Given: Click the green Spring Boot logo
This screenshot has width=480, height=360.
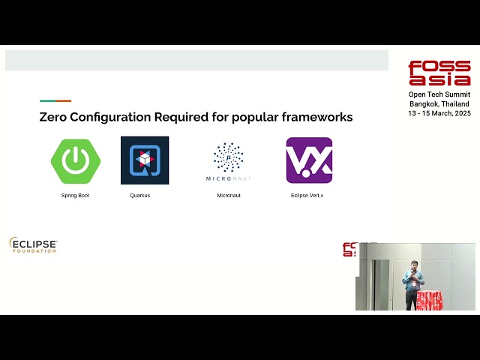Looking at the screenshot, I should click(75, 160).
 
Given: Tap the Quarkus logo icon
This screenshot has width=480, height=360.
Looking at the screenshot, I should click(145, 160).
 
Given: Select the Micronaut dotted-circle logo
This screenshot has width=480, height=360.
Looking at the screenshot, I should click(229, 157).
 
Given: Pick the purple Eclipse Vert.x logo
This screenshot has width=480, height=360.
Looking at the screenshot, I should click(309, 160).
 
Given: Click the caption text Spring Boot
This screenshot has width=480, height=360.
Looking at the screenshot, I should click(75, 196).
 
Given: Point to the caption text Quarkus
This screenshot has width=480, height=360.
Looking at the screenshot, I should click(139, 196).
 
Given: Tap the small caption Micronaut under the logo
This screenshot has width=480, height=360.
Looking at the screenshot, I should click(229, 196).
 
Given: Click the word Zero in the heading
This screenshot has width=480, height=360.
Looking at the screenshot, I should click(55, 117).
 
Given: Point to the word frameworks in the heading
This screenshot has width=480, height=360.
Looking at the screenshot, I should click(316, 117).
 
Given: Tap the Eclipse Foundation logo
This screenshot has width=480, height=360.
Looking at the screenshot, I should click(33, 245).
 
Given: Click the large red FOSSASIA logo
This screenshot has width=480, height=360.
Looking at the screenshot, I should click(439, 73).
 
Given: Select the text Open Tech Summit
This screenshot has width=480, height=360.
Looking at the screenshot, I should click(439, 94).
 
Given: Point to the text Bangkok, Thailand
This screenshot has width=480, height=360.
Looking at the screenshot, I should click(439, 103).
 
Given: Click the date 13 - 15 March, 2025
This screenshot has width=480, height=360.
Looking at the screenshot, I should click(439, 113).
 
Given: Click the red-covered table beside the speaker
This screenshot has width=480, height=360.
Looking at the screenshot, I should click(430, 301).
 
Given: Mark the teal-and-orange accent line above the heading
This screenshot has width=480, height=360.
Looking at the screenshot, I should click(55, 100).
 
